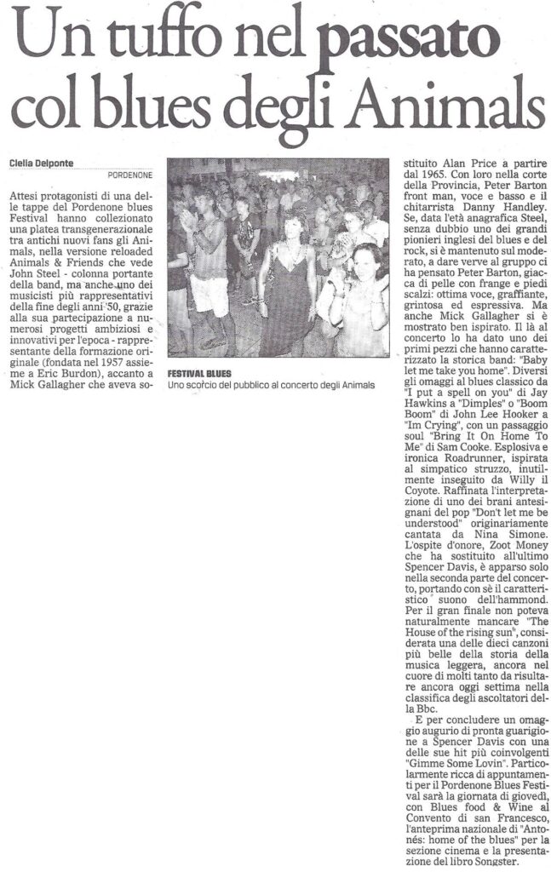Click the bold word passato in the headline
coord(407,40)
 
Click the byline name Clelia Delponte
coord(42,163)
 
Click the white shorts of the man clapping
coord(209,295)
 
